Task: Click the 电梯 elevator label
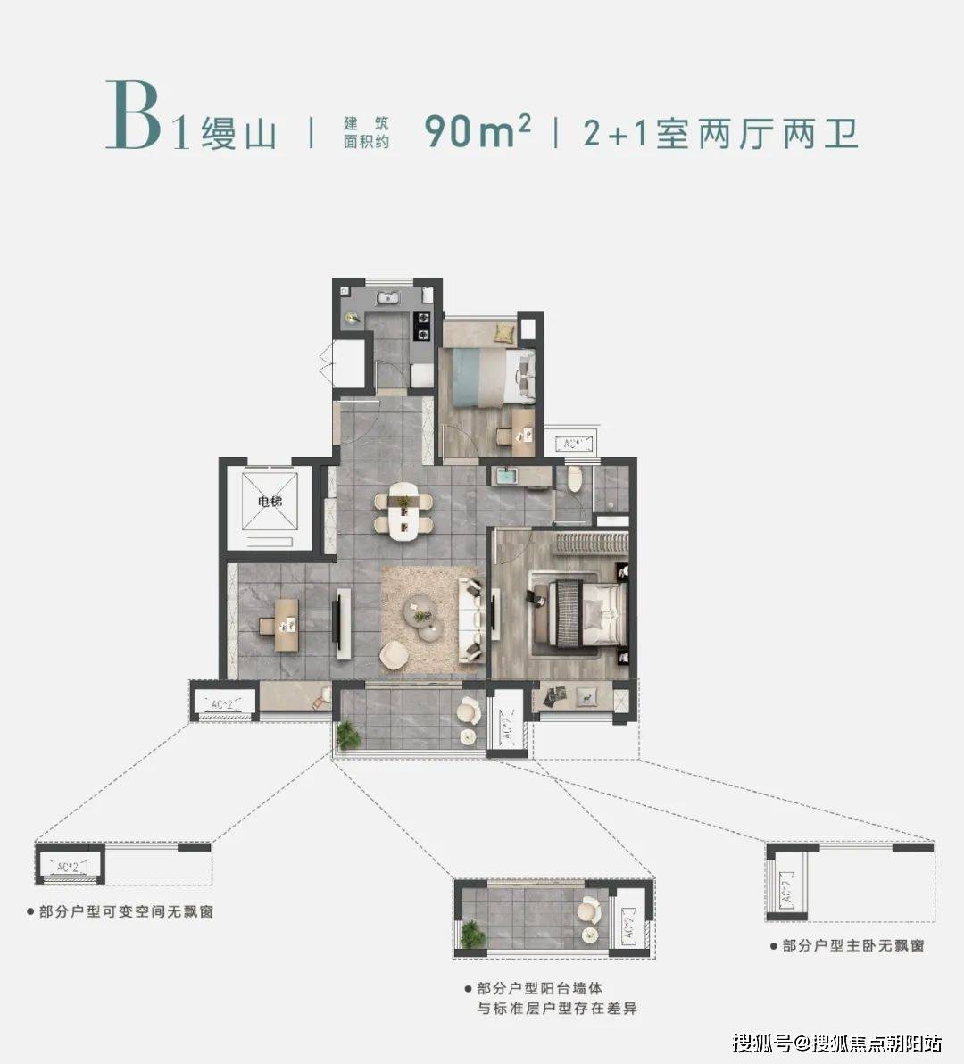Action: (x=269, y=502)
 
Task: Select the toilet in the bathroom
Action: (x=574, y=481)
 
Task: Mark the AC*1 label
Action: (x=572, y=443)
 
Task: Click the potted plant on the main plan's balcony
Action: (x=348, y=735)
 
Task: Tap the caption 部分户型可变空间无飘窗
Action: (x=120, y=912)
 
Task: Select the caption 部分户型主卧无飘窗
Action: (x=847, y=945)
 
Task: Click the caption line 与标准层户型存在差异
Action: (x=556, y=1009)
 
